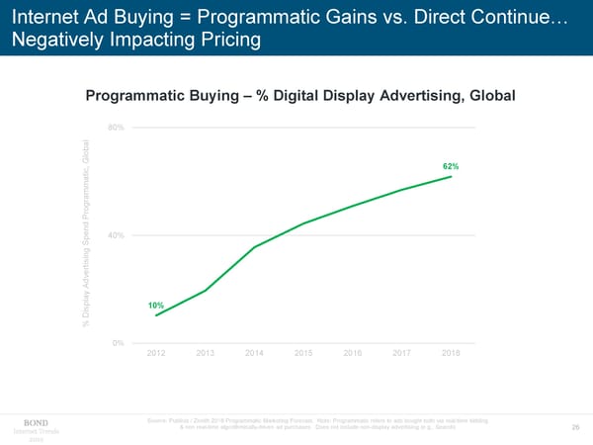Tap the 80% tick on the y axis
click(116, 128)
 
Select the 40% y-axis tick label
click(116, 235)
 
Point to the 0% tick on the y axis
click(118, 342)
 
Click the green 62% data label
click(449, 165)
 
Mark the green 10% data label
click(155, 305)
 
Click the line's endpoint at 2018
click(452, 176)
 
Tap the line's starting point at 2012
click(156, 315)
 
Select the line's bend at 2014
click(255, 246)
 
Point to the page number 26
click(576, 427)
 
